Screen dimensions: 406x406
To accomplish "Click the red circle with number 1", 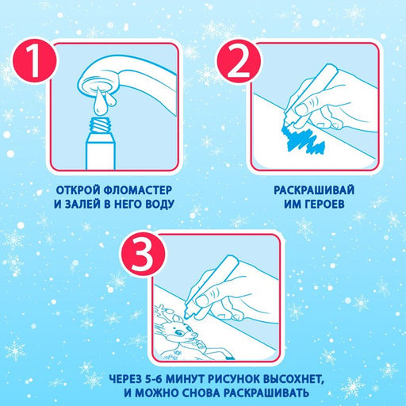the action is tap(34, 60).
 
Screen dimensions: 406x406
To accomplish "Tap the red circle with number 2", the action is tap(239, 61).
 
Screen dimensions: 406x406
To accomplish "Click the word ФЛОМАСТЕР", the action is tap(137, 190).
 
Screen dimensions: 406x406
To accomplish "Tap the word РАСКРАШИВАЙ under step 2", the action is tap(314, 190).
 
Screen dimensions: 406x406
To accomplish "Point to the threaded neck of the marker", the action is tap(100, 125).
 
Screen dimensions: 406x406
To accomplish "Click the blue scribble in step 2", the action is tap(304, 140).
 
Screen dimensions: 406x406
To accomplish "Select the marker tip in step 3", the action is tap(186, 315).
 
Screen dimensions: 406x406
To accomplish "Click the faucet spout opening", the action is tap(98, 84).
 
